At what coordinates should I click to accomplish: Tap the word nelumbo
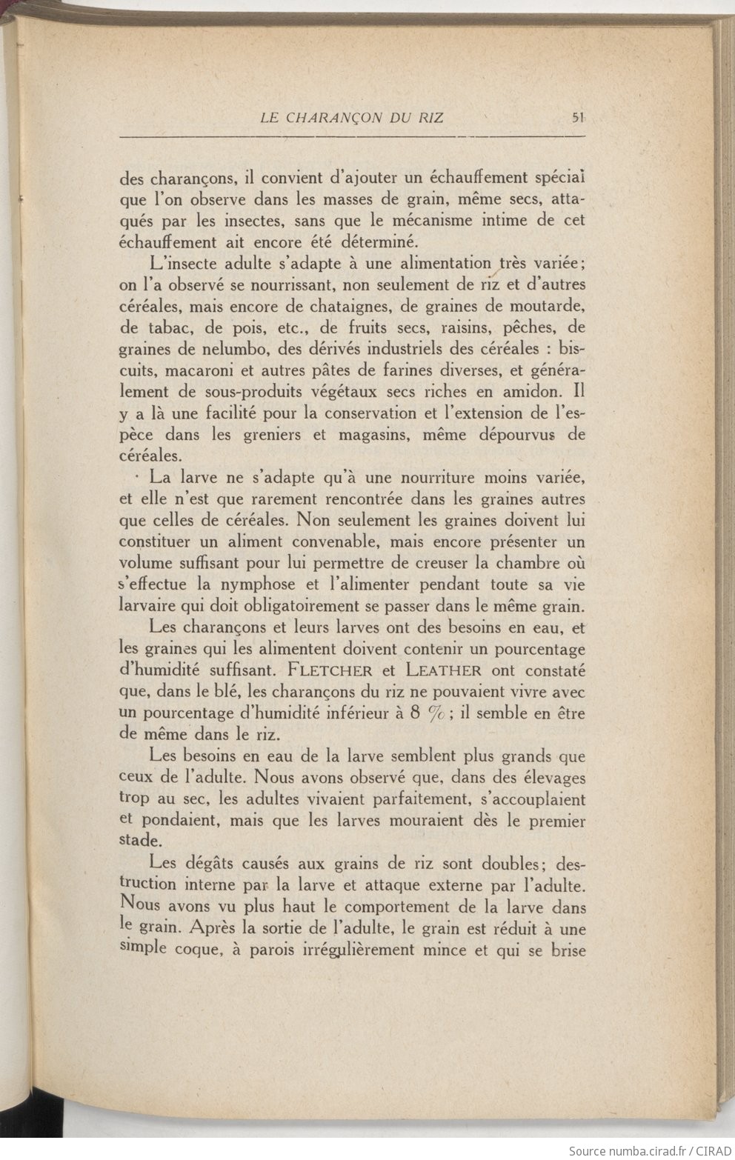pyautogui.click(x=219, y=347)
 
